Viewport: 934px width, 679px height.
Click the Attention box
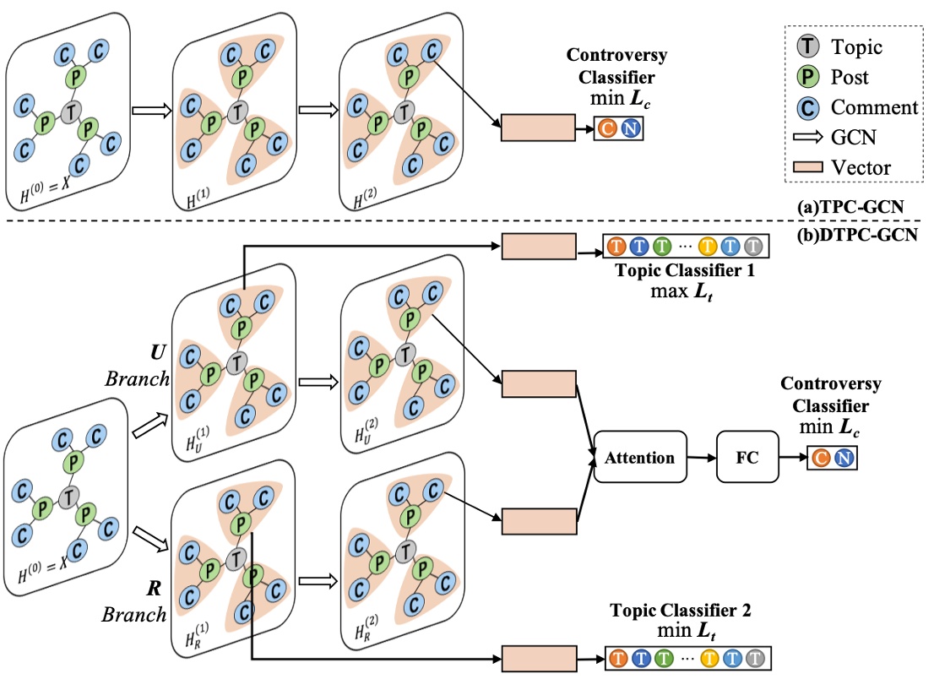pyautogui.click(x=639, y=458)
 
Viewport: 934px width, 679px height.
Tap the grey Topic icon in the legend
pyautogui.click(x=806, y=47)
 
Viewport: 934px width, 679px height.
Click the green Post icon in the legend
pyautogui.click(x=806, y=78)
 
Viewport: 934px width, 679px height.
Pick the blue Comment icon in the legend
pyautogui.click(x=806, y=107)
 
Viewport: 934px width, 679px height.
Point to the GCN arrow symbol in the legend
pyautogui.click(x=806, y=138)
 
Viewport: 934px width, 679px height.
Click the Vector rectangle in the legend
pyautogui.click(x=806, y=166)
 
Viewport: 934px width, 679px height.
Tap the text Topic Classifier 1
pyautogui.click(x=685, y=272)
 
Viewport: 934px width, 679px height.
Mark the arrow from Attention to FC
pyautogui.click(x=702, y=458)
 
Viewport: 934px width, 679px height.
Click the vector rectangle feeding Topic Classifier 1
pyautogui.click(x=538, y=247)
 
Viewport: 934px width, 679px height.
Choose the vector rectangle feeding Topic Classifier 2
pyautogui.click(x=538, y=657)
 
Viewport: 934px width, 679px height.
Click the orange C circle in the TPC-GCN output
pyautogui.click(x=607, y=129)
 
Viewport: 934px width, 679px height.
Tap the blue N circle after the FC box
pyautogui.click(x=842, y=459)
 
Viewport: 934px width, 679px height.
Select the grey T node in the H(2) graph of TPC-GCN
pyautogui.click(x=406, y=110)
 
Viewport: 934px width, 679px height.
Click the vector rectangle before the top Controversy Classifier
pyautogui.click(x=538, y=129)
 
